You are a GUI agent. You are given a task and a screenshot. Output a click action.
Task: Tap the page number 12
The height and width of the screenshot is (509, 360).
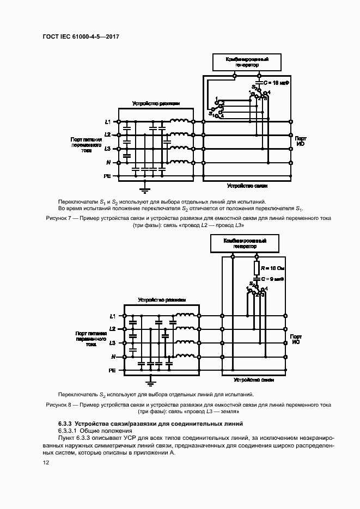tap(46, 462)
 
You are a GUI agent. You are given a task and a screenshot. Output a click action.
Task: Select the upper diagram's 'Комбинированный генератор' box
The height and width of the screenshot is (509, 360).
tap(247, 62)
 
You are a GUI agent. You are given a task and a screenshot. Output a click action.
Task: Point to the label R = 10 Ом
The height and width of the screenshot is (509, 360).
tap(272, 269)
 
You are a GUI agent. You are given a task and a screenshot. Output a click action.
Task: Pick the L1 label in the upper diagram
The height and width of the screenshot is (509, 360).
tap(108, 121)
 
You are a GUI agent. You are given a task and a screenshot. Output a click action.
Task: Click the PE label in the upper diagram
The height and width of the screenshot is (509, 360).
tap(107, 176)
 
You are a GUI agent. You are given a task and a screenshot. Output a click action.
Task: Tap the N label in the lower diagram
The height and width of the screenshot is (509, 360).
tap(113, 357)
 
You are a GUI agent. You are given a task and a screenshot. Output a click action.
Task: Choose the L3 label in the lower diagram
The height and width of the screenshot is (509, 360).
tap(112, 343)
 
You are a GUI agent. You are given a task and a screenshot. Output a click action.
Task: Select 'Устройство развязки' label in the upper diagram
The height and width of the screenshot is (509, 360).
tap(156, 103)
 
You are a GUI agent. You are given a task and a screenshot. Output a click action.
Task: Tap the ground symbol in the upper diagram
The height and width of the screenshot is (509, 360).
tap(144, 190)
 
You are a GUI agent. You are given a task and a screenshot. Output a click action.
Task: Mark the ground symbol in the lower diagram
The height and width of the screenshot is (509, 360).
tap(153, 382)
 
